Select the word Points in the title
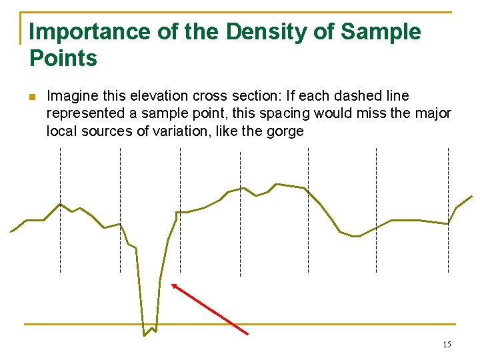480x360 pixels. [x=63, y=59]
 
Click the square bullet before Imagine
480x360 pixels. [x=32, y=97]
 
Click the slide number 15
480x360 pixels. [x=447, y=344]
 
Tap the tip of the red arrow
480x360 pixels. [x=173, y=285]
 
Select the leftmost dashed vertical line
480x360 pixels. [x=60, y=213]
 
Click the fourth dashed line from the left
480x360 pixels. [x=240, y=213]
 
